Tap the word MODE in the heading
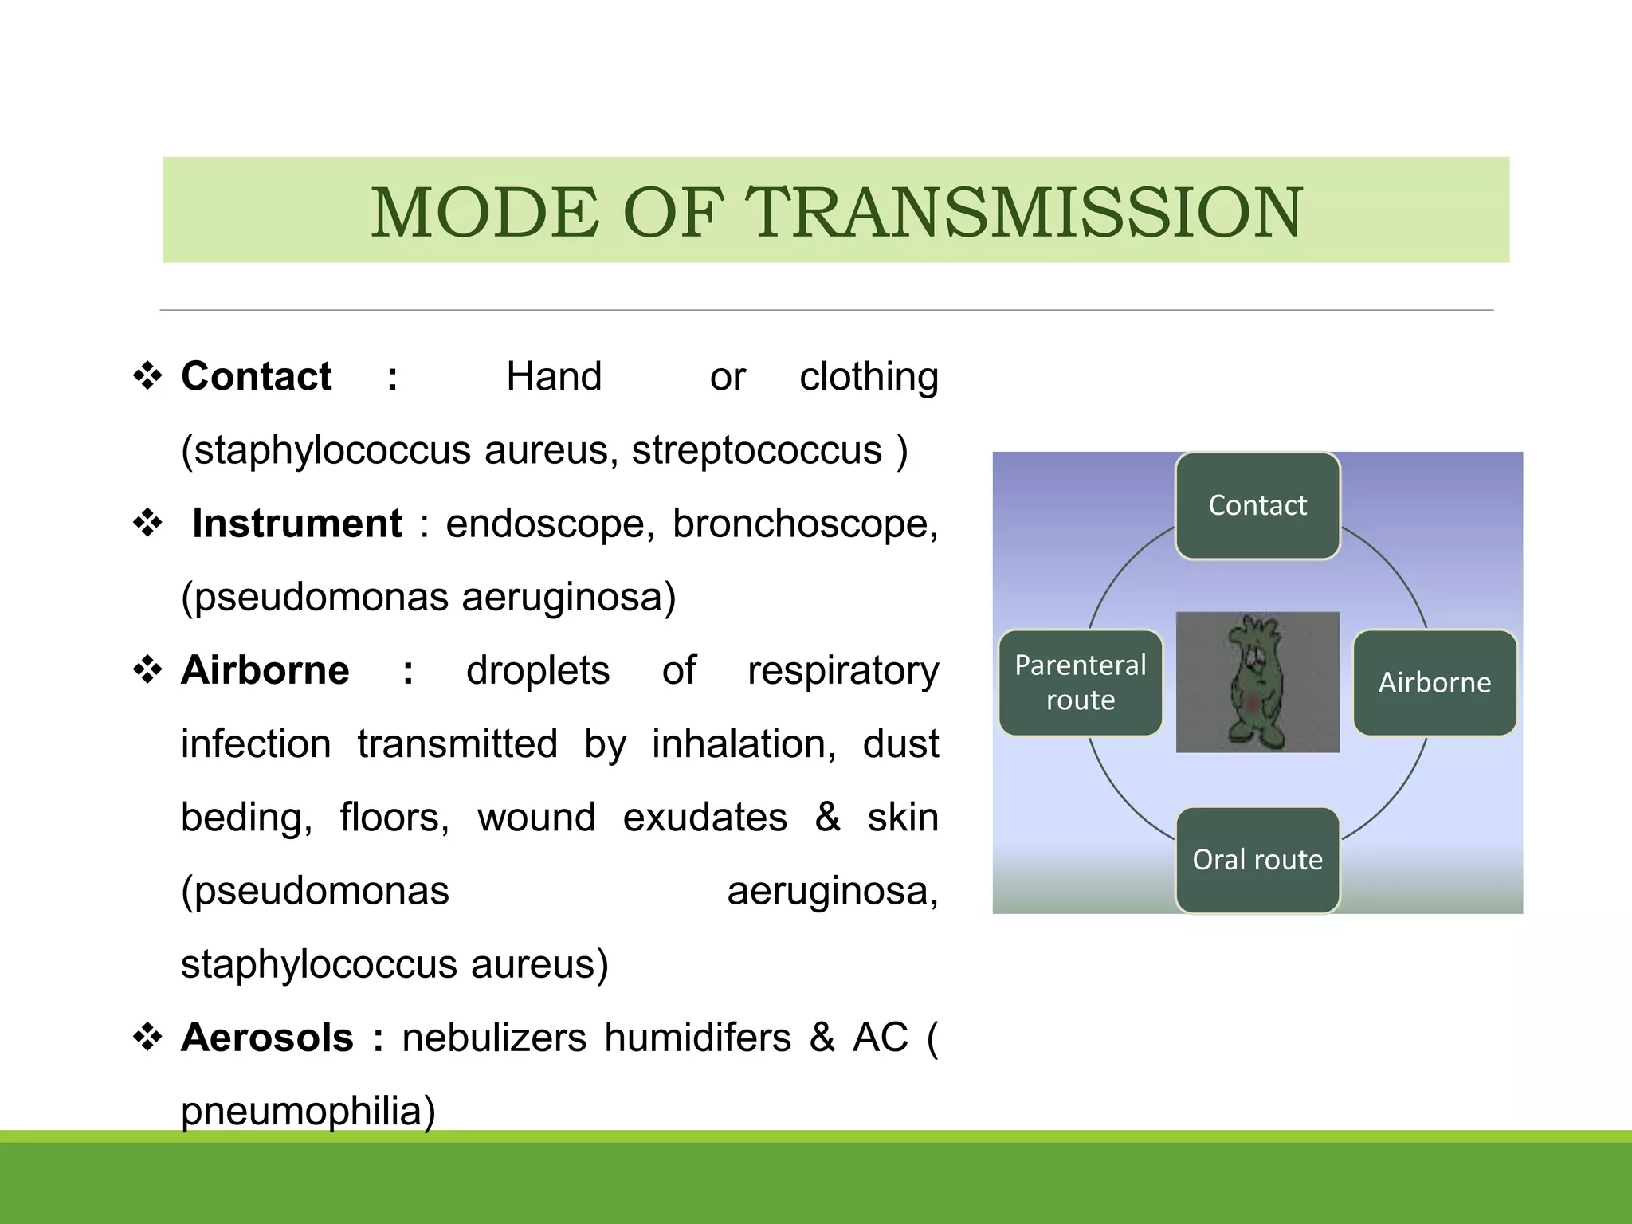pyautogui.click(x=484, y=212)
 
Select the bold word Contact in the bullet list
pyautogui.click(x=256, y=376)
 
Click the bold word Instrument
pyautogui.click(x=296, y=524)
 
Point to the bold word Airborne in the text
pyautogui.click(x=265, y=670)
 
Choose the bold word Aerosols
pyautogui.click(x=267, y=1038)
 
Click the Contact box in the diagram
pyautogui.click(x=1257, y=505)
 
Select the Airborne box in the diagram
pyautogui.click(x=1434, y=682)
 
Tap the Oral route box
pyautogui.click(x=1257, y=860)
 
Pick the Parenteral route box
pyautogui.click(x=1080, y=682)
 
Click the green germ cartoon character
pyautogui.click(x=1257, y=682)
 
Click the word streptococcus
pyautogui.click(x=756, y=451)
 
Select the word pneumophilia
pyautogui.click(x=308, y=1112)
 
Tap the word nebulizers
pyautogui.click(x=494, y=1038)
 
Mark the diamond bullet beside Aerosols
pyautogui.click(x=147, y=1038)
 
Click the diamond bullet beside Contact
pyautogui.click(x=147, y=376)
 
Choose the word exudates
pyautogui.click(x=704, y=818)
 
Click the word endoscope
pyautogui.click(x=549, y=524)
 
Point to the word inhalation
pyautogui.click(x=743, y=744)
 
